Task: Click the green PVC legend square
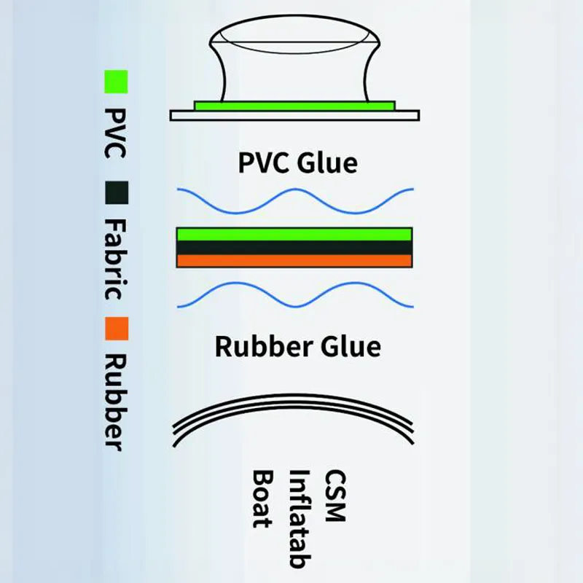(x=116, y=82)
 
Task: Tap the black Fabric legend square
(x=117, y=192)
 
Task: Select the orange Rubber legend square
(x=117, y=329)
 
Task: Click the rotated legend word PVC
(x=115, y=133)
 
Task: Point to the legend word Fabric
(x=116, y=259)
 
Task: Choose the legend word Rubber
(x=116, y=403)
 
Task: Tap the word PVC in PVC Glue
(x=264, y=163)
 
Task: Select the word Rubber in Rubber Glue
(x=264, y=346)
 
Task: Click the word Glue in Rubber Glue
(x=351, y=346)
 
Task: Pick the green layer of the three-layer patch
(x=294, y=235)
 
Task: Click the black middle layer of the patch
(x=294, y=248)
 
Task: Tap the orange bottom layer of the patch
(x=294, y=261)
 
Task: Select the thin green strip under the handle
(x=294, y=106)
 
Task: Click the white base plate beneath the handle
(x=294, y=115)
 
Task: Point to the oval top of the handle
(x=294, y=34)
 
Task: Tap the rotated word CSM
(x=336, y=496)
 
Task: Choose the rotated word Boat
(x=263, y=499)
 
